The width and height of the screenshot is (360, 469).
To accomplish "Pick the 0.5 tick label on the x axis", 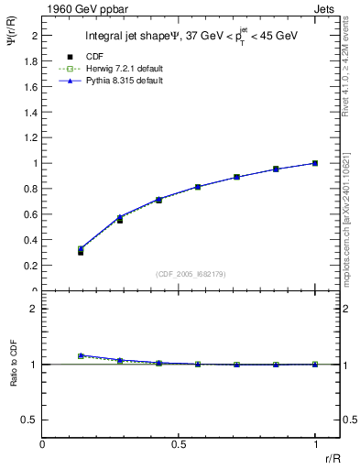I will point(179,444).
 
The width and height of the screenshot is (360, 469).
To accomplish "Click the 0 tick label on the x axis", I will point(42,444).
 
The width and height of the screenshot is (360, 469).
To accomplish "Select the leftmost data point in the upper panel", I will point(81,251).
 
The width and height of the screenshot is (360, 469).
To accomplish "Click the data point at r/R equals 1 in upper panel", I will point(315,163).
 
